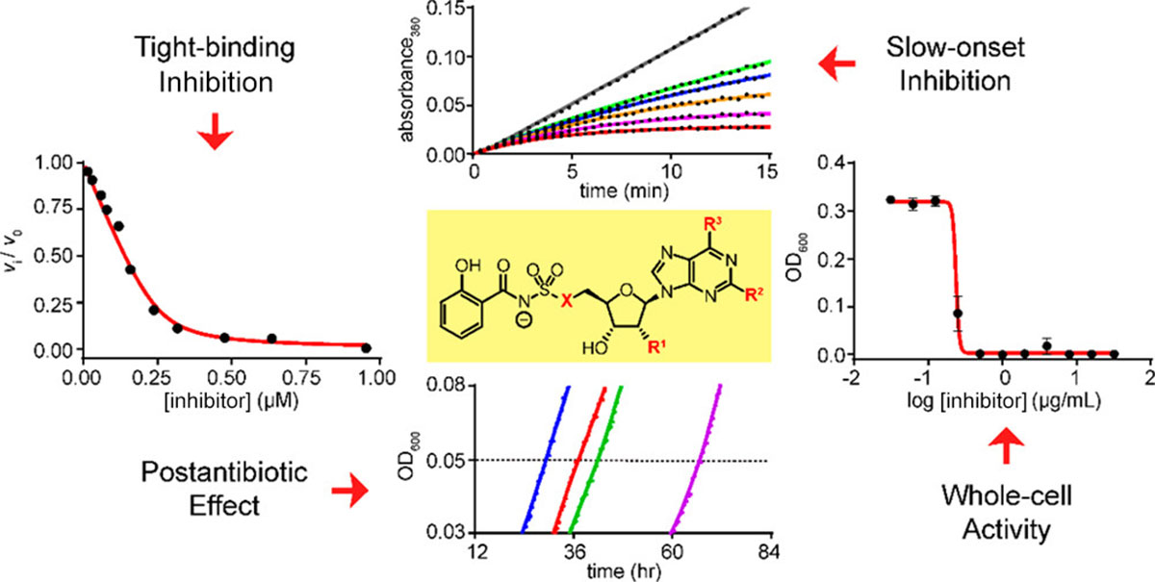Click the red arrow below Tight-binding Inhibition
[x=220, y=136]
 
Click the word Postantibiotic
[x=202, y=474]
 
